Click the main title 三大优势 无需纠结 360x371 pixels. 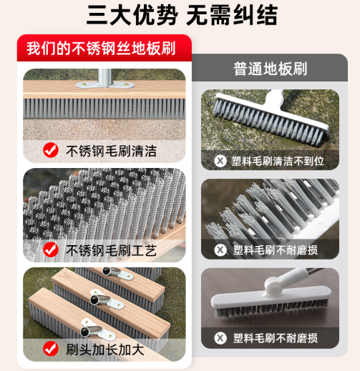182,15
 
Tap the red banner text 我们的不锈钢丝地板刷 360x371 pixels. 101,49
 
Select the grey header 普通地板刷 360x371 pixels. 270,69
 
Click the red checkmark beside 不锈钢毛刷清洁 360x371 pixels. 51,150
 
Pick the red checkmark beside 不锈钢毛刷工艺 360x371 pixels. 51,249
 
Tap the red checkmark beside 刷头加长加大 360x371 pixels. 51,349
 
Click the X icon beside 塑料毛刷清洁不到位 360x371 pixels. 220,161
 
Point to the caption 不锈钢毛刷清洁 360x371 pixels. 111,151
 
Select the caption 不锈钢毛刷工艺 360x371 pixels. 111,250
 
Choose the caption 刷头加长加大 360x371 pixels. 105,350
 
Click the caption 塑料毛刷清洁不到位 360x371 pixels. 278,162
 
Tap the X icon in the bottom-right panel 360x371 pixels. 220,338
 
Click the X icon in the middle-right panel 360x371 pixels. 220,250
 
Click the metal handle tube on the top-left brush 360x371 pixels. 104,76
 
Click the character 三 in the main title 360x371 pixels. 97,15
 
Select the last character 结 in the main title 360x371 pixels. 267,15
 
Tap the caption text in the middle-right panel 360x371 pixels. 276,250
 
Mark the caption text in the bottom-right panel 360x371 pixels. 276,338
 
